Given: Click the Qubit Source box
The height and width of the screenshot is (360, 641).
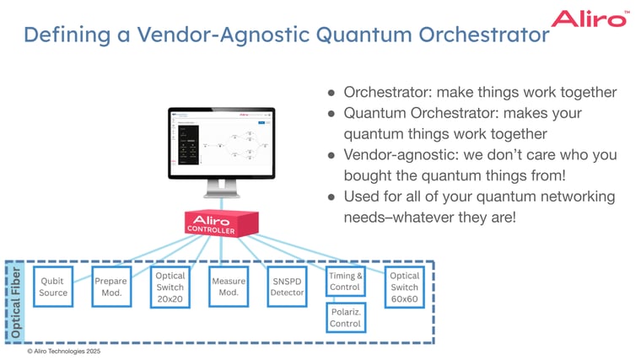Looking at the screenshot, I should click(53, 287).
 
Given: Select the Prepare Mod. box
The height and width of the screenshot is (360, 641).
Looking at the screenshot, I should click(111, 287).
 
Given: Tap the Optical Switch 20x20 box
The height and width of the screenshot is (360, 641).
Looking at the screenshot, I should click(170, 287).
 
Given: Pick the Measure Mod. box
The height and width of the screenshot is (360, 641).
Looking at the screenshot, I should click(229, 287).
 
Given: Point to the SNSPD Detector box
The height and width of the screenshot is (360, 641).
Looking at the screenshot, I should click(287, 287).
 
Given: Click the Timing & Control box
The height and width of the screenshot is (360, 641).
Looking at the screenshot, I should click(346, 281).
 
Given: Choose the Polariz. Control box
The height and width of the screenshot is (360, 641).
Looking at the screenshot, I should click(346, 318).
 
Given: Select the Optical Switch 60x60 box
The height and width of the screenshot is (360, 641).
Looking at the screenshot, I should click(404, 287).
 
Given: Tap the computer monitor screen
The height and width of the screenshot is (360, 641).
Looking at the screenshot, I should click(221, 144).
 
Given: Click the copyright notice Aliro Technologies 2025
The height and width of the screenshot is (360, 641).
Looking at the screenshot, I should click(63, 352).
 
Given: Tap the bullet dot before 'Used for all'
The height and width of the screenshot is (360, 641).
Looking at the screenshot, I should click(331, 197).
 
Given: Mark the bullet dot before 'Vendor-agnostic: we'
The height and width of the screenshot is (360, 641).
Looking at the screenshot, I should click(331, 155).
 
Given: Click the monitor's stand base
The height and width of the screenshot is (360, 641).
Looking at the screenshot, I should click(221, 203).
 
